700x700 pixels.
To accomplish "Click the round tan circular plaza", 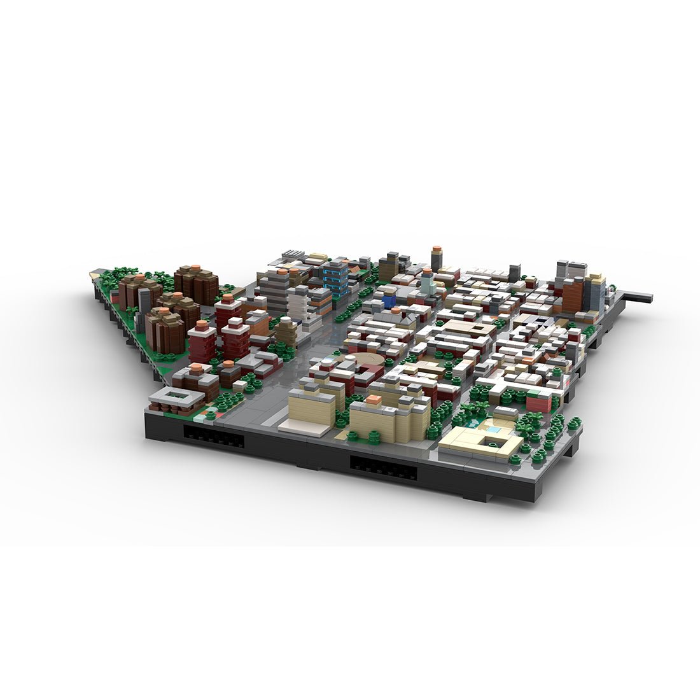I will click(368, 361).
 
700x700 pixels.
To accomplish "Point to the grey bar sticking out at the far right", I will click(636, 297).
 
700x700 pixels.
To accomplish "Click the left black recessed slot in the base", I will click(213, 437).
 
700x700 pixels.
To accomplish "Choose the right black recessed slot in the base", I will click(383, 471).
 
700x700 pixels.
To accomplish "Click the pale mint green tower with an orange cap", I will click(427, 282).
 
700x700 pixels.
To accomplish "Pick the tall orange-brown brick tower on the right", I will click(573, 294).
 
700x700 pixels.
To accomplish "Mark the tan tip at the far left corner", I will click(94, 274).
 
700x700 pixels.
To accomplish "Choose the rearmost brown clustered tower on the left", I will click(196, 283).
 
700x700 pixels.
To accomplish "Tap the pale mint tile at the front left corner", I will click(200, 417).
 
